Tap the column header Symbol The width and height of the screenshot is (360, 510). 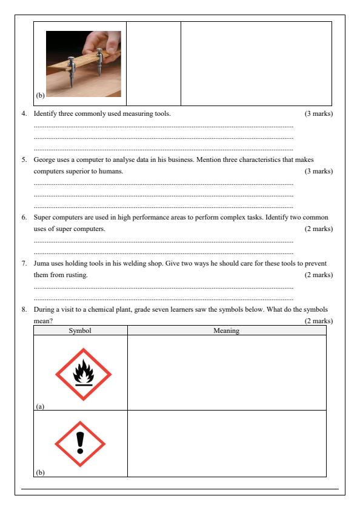(80, 330)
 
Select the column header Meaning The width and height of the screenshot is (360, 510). (227, 330)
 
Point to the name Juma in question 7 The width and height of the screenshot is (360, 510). (41, 264)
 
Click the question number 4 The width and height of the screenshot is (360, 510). (24, 113)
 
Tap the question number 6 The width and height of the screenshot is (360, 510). (24, 217)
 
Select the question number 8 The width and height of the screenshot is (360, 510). (24, 310)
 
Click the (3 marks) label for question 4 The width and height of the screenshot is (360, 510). (319, 113)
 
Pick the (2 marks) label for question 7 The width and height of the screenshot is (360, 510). (319, 275)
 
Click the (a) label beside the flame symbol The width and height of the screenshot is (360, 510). (40, 406)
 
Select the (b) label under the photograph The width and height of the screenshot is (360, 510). (40, 95)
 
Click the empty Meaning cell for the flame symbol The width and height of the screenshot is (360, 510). (227, 373)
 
